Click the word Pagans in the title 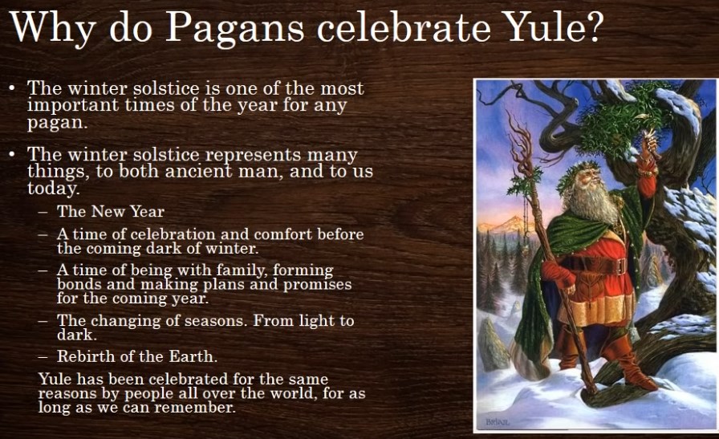coord(235,28)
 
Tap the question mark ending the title coord(590,26)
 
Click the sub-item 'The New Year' coord(111,211)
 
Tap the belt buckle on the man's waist coord(621,266)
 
